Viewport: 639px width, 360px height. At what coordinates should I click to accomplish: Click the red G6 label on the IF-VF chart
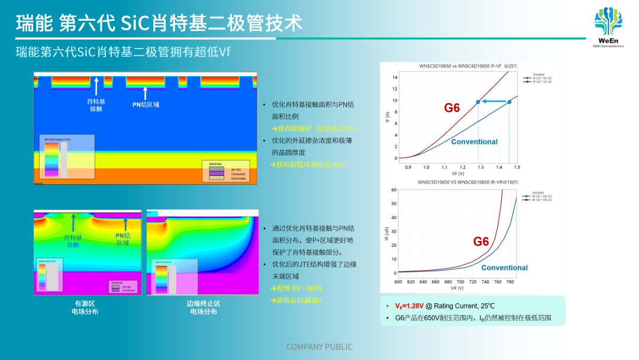(452, 108)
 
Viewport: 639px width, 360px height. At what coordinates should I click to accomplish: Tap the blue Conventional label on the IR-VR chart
(504, 268)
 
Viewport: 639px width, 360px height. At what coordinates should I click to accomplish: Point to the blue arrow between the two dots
(493, 102)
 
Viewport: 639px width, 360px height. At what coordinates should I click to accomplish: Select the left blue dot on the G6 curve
(478, 102)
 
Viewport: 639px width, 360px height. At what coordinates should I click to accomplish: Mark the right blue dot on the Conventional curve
(509, 102)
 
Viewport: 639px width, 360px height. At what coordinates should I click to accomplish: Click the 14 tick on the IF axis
(395, 78)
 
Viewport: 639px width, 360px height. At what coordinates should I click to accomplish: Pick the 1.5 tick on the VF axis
(517, 168)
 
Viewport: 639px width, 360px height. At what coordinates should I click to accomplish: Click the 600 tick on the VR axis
(398, 282)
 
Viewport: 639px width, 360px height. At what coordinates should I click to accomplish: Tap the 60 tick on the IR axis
(393, 190)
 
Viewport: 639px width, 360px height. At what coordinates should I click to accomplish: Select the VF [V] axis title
(457, 174)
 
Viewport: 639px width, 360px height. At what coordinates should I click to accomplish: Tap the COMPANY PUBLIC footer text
(319, 347)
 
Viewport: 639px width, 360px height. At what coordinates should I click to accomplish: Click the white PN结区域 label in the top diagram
(146, 104)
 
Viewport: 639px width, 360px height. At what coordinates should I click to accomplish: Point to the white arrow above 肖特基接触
(96, 86)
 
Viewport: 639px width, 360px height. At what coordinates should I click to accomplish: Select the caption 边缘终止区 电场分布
(204, 307)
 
